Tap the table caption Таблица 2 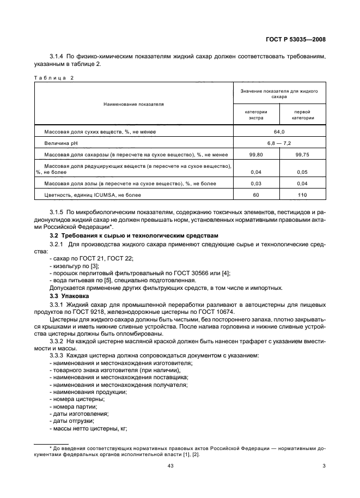53,78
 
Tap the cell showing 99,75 302,155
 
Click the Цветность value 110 302,195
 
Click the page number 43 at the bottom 179,465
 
